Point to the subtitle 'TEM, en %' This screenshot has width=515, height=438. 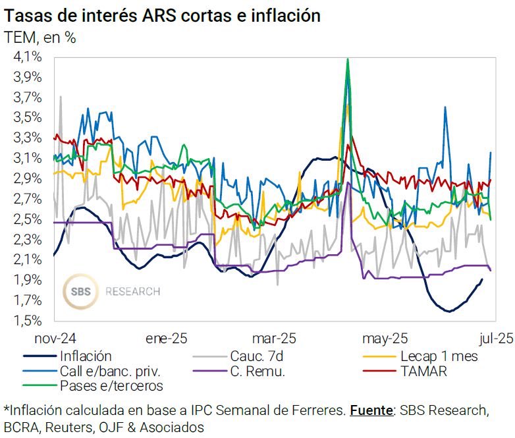(x=40, y=38)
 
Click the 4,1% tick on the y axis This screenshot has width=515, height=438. (x=28, y=57)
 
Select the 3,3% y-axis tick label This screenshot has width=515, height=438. (x=28, y=138)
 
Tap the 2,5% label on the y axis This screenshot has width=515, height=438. (x=28, y=219)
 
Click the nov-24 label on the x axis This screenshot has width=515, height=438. (x=56, y=339)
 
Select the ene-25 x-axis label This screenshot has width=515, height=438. (x=166, y=339)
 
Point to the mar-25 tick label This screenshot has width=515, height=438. (x=275, y=339)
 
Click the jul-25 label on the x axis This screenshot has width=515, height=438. (x=490, y=339)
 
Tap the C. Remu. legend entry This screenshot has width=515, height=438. (x=259, y=371)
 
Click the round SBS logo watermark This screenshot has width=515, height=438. (x=81, y=290)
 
